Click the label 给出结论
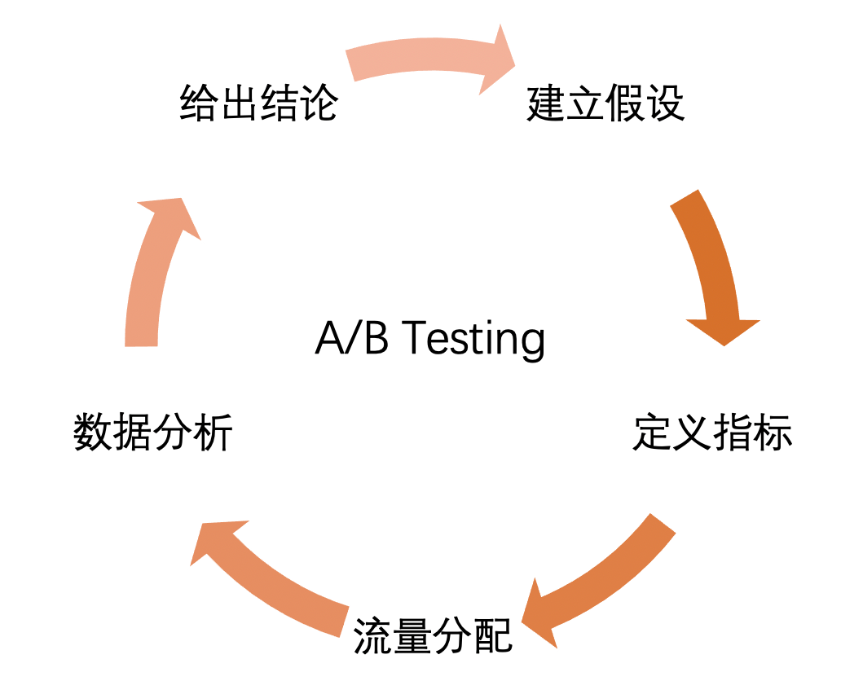(x=258, y=104)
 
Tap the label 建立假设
(x=605, y=104)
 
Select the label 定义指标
(x=712, y=433)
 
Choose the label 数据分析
(x=153, y=433)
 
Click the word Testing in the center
(x=473, y=338)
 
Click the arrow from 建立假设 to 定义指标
(x=711, y=261)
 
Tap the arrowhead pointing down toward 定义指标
(x=723, y=330)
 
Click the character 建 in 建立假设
(x=546, y=104)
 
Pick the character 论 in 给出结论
(x=319, y=104)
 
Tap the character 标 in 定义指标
(x=773, y=433)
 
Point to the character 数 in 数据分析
(x=93, y=433)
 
